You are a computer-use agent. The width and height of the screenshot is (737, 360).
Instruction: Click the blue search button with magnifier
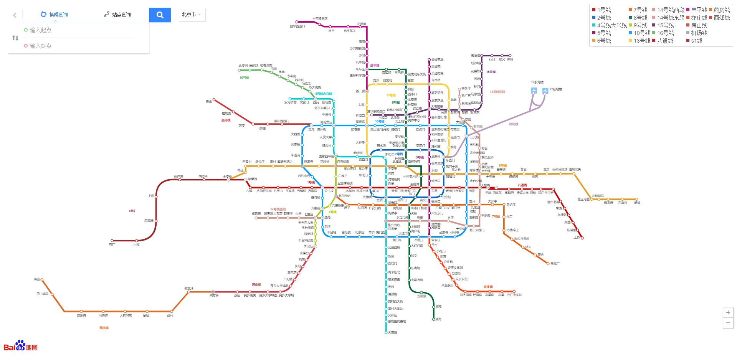[x=160, y=15]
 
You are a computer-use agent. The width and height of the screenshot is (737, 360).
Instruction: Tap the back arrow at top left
[x=15, y=15]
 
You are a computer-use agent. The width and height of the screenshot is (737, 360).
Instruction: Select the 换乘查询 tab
[x=54, y=15]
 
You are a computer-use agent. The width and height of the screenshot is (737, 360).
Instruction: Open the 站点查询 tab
[x=117, y=15]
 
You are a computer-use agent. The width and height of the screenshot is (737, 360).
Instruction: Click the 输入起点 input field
[x=77, y=30]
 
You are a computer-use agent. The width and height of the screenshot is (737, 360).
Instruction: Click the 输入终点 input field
[x=77, y=46]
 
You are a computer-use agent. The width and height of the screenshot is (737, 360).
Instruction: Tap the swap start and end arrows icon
[x=15, y=38]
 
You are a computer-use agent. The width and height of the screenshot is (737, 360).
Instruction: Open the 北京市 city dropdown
[x=192, y=15]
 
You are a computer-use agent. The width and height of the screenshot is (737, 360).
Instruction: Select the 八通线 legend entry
[x=662, y=41]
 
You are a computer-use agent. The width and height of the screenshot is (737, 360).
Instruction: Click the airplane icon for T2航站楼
[x=534, y=91]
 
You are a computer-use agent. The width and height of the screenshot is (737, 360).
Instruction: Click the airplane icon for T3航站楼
[x=545, y=91]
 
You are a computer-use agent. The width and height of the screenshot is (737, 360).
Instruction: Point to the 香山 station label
[x=209, y=102]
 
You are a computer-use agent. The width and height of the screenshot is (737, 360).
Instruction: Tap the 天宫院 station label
[x=392, y=333]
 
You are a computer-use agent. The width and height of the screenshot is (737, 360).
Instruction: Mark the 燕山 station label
[x=37, y=279]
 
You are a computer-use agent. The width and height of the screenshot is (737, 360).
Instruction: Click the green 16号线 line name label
[x=244, y=78]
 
